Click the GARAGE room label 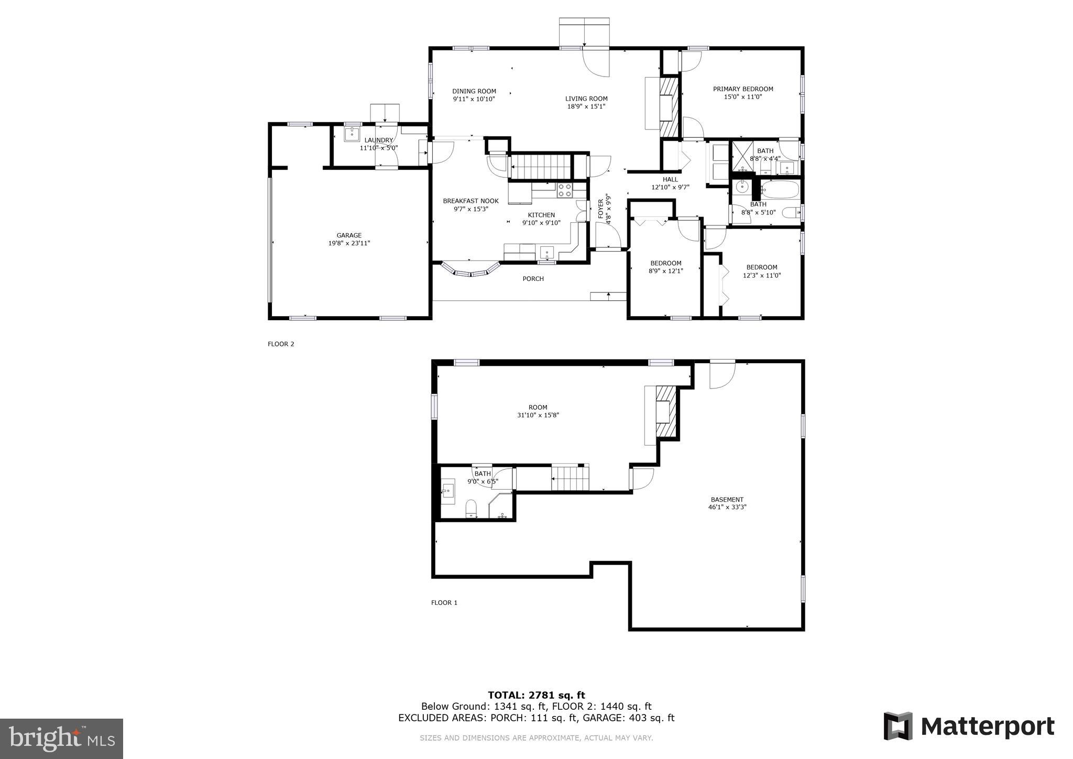349,236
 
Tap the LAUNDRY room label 378,140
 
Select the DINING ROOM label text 474,91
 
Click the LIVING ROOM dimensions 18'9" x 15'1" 586,106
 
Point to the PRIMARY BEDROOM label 743,89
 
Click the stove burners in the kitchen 564,190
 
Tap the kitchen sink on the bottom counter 547,252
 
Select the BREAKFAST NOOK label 470,201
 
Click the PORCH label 533,279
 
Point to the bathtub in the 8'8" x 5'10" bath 780,189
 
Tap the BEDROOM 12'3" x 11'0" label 762,267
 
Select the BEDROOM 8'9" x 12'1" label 665,263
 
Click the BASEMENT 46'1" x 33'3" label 727,500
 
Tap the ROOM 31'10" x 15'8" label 538,407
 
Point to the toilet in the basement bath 471,508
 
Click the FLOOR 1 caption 444,603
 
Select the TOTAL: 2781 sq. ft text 536,696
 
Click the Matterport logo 969,727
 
